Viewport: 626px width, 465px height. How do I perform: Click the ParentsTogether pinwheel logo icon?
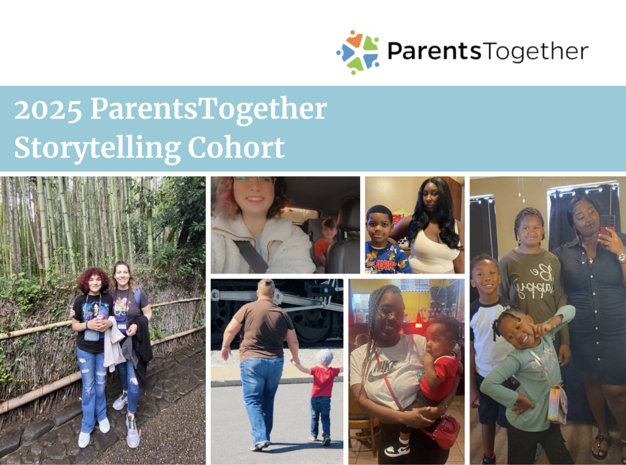click(x=358, y=52)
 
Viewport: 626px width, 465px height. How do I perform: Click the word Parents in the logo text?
click(x=434, y=51)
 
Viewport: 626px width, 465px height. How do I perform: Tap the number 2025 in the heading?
click(x=48, y=109)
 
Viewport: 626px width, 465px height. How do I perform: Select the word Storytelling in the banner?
click(x=97, y=149)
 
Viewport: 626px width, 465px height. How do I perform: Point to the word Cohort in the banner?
click(x=236, y=147)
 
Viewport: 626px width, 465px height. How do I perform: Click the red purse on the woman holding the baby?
click(x=445, y=431)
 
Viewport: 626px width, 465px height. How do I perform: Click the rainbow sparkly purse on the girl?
click(x=558, y=403)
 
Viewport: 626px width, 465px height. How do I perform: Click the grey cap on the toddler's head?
click(x=325, y=356)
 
